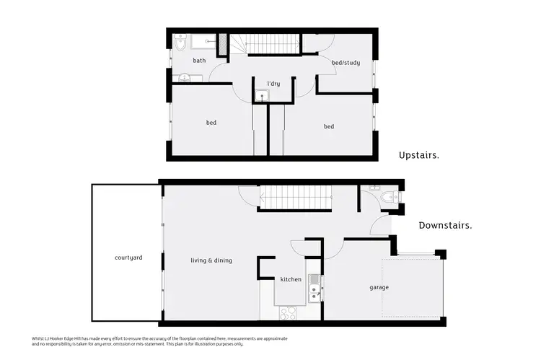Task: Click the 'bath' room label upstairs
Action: (x=199, y=61)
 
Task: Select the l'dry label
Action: (x=273, y=84)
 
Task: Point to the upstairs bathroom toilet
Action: (x=180, y=45)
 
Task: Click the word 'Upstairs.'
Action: (x=419, y=154)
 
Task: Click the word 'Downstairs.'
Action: (x=445, y=225)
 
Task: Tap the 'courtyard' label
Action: (x=126, y=258)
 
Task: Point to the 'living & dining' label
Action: (x=211, y=260)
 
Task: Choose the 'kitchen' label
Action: (x=291, y=278)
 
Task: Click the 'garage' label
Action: (x=379, y=287)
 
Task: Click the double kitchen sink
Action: (x=314, y=293)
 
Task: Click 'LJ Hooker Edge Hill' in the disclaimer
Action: (x=69, y=338)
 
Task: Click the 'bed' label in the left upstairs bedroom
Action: (x=211, y=123)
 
